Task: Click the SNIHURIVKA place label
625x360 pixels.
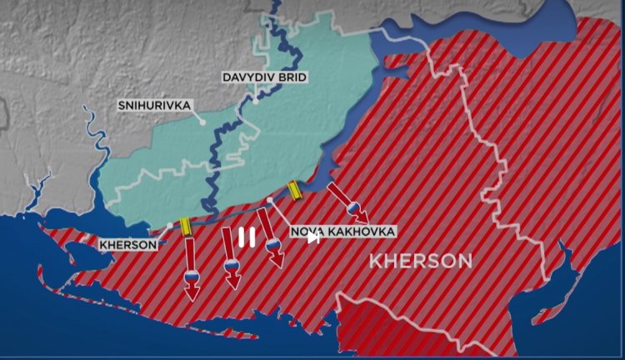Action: [154, 105]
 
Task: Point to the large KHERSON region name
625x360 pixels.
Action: [421, 261]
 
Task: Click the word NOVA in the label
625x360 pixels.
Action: [307, 231]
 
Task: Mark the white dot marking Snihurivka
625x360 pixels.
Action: [202, 122]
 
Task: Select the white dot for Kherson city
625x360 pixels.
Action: [169, 225]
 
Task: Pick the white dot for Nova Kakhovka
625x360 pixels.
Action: [270, 202]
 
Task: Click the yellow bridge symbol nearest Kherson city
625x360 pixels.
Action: [184, 225]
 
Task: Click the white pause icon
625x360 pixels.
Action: [247, 238]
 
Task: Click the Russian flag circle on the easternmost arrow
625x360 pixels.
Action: [353, 208]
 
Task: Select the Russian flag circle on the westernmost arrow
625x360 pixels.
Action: [191, 276]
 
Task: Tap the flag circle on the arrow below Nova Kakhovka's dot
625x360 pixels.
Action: [272, 244]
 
